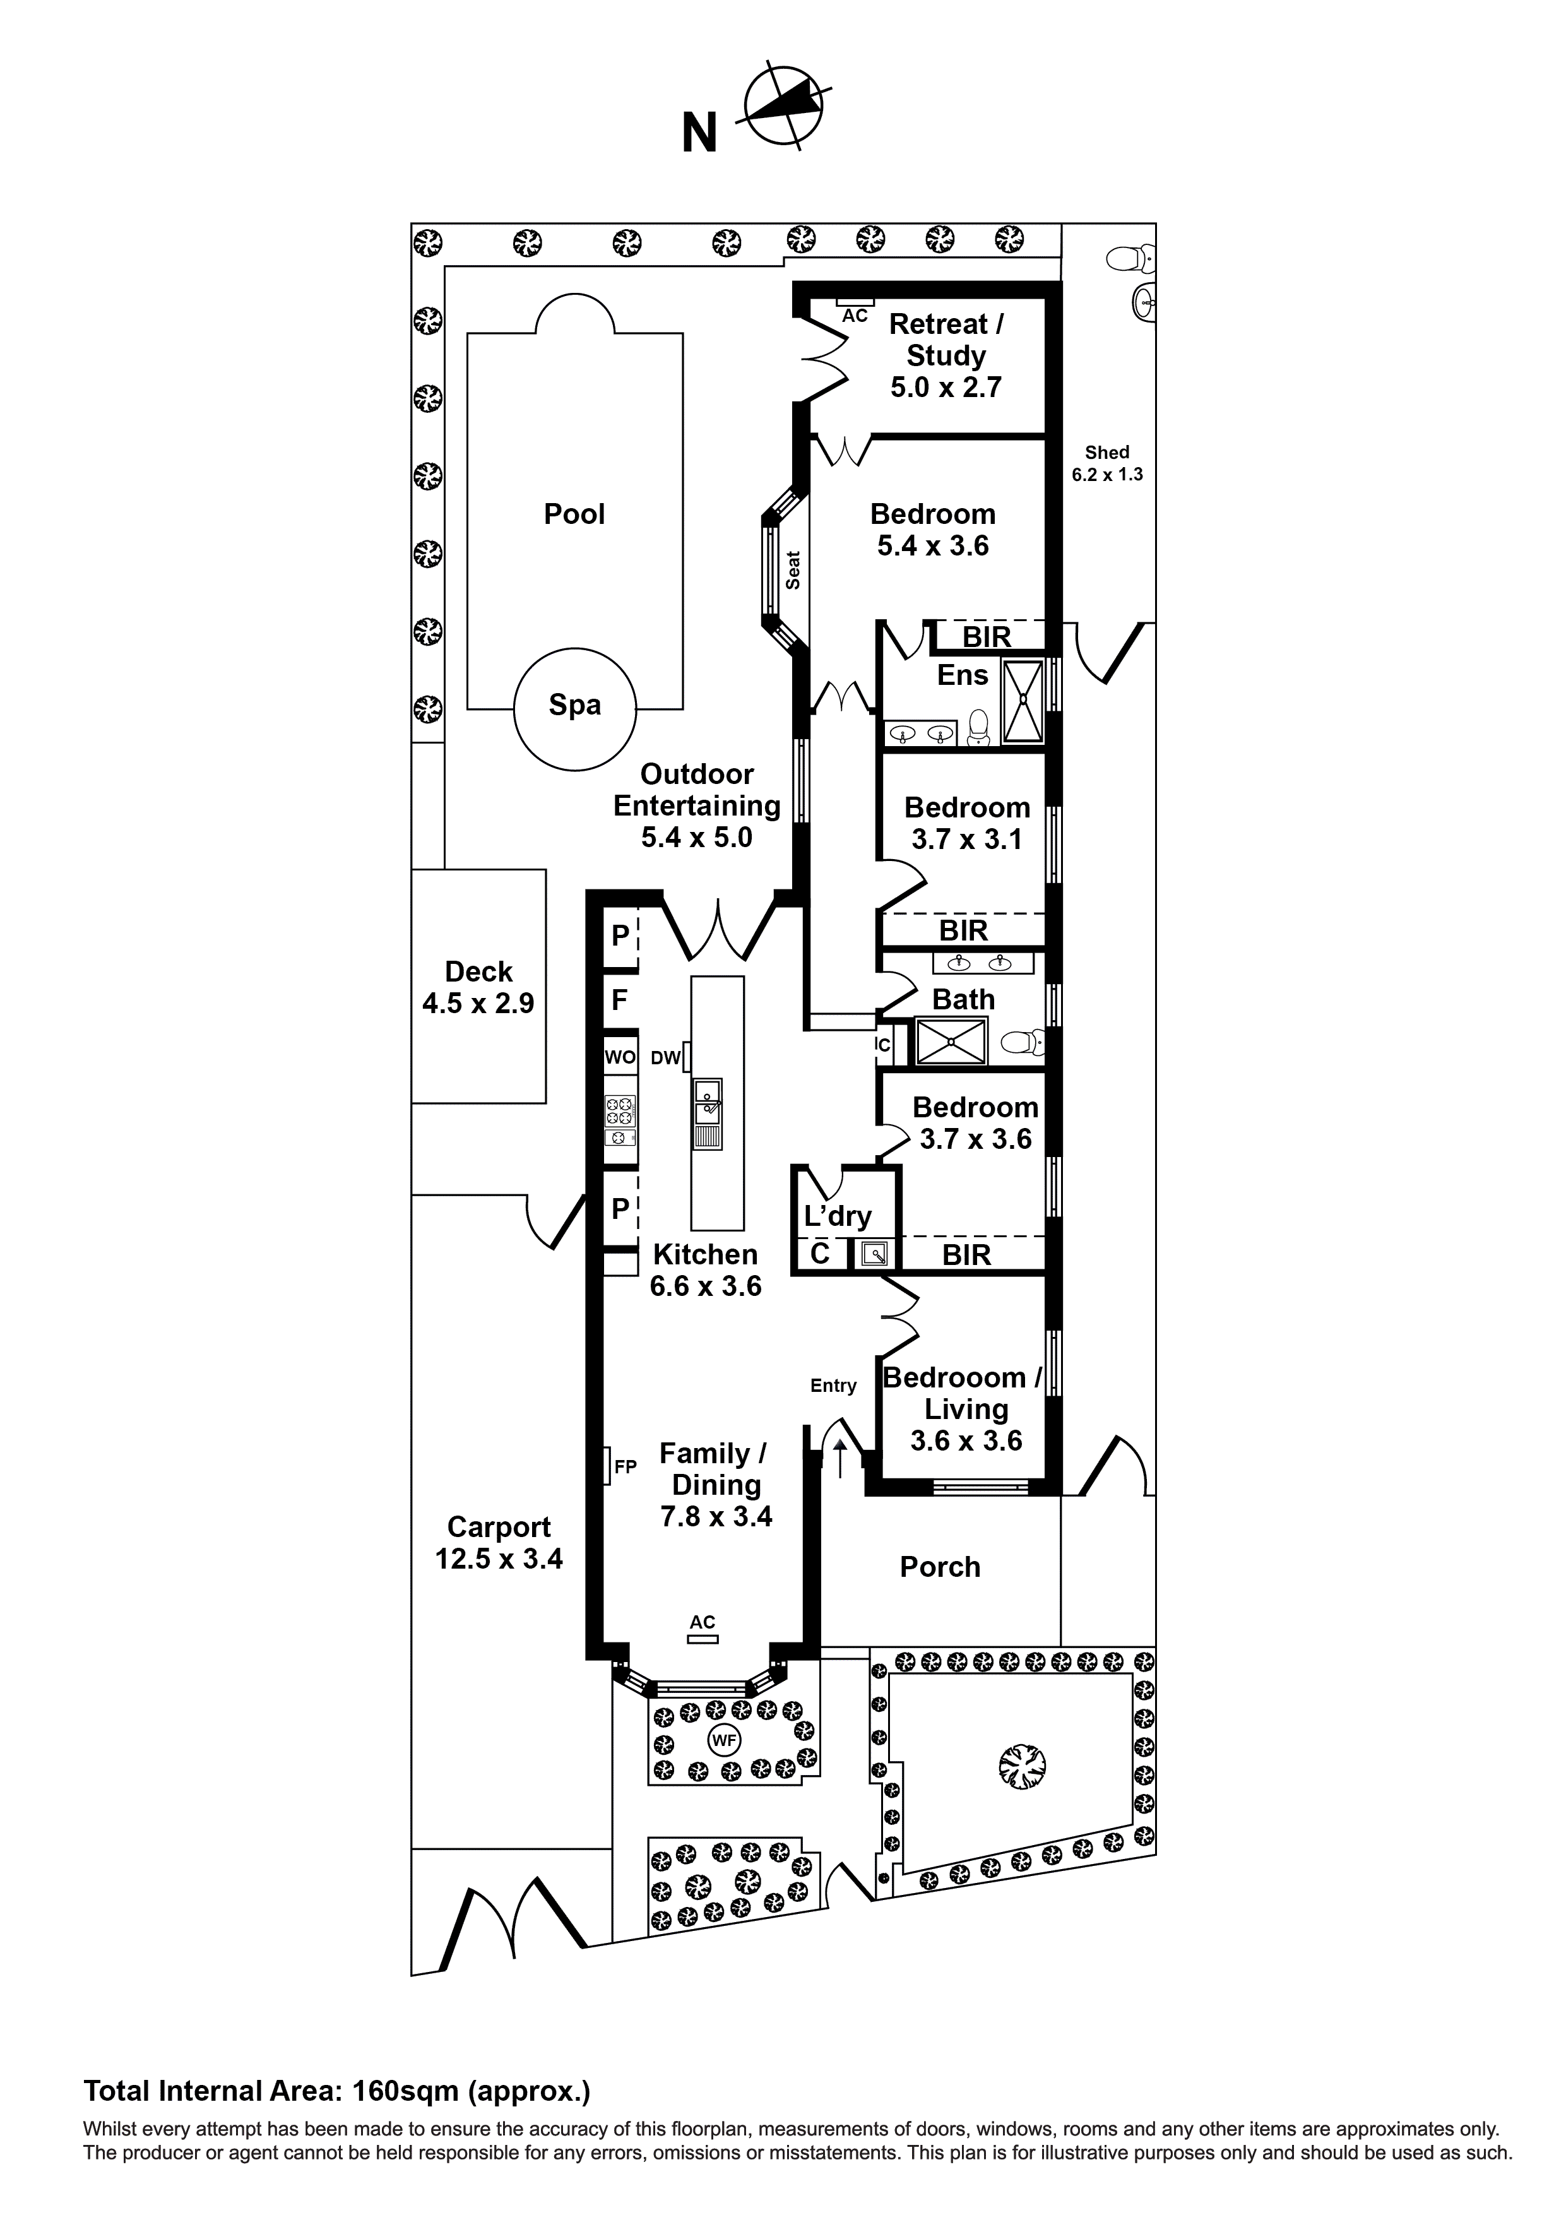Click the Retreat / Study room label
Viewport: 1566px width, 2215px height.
click(x=946, y=340)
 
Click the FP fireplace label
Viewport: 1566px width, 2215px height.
click(x=626, y=1468)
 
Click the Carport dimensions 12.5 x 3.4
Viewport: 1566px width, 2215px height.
click(x=499, y=1559)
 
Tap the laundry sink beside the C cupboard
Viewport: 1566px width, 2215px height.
click(x=875, y=1254)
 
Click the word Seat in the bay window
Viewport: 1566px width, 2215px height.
click(x=793, y=570)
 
